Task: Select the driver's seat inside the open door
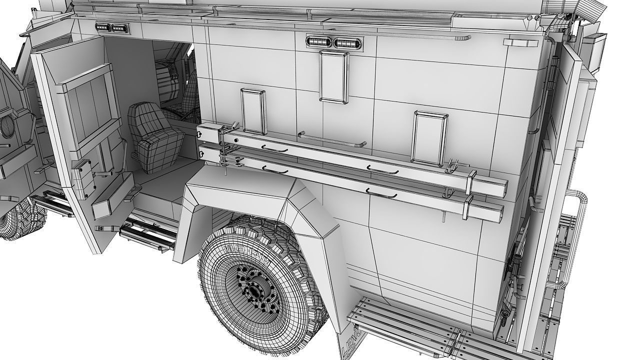[150, 136]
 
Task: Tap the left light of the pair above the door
[103, 28]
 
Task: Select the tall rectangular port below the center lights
[333, 77]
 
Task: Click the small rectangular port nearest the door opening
[253, 111]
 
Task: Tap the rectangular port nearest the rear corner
[429, 138]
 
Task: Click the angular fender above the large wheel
[260, 200]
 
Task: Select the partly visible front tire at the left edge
[20, 220]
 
